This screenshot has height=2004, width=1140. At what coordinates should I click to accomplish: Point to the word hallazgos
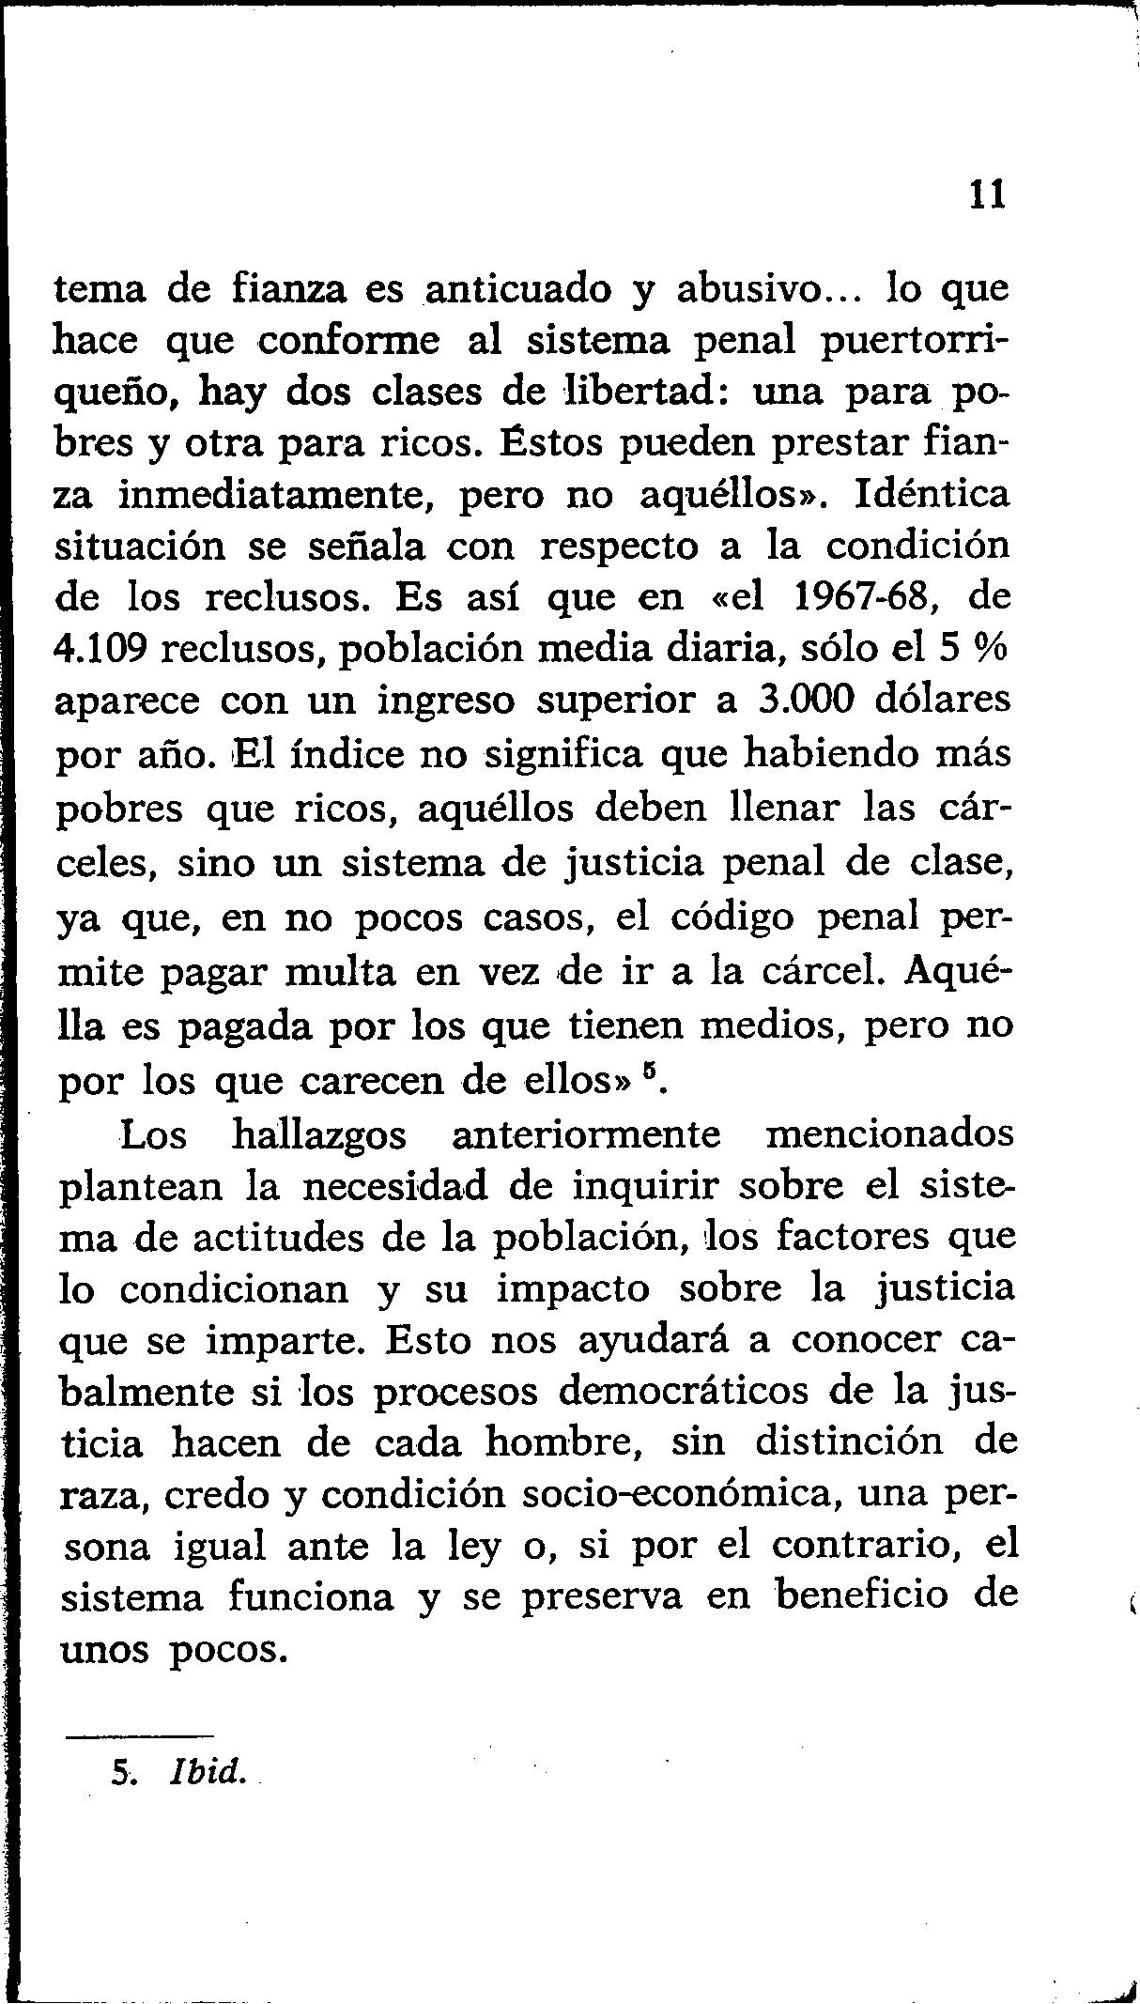(x=319, y=1135)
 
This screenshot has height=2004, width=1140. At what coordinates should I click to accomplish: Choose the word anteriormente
(x=586, y=1135)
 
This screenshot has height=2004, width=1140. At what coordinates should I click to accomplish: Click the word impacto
(x=573, y=1288)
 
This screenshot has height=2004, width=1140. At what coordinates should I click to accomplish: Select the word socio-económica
(x=678, y=1494)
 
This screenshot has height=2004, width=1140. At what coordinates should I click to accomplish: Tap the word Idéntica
(x=932, y=495)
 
